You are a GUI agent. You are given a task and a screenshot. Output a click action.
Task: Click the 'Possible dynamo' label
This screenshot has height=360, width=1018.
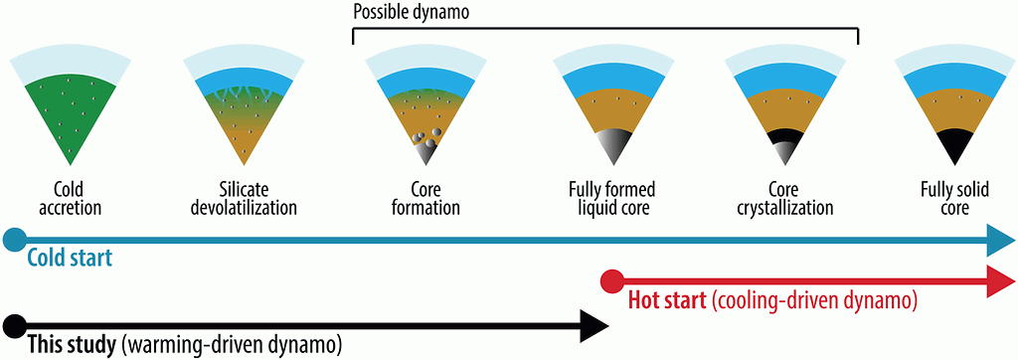pos(402,12)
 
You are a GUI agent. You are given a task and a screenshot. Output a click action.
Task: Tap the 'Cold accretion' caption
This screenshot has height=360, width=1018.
pos(71,200)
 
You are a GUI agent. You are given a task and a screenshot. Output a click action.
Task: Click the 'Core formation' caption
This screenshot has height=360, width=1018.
pos(425,200)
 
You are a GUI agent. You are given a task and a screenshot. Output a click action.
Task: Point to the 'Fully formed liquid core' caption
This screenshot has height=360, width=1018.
pos(612,200)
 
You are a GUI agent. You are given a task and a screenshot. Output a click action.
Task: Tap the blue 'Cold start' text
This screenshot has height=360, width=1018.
pos(70,258)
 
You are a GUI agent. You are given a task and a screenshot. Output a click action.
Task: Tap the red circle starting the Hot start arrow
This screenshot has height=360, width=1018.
pos(612,282)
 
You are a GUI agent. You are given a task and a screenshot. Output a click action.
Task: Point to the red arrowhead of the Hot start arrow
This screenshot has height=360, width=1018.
pos(1000,281)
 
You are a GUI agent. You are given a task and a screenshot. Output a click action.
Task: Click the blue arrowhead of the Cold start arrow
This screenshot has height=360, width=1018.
pos(1000,240)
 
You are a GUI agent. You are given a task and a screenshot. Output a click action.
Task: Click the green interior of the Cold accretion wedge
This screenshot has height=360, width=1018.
pos(71,117)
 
